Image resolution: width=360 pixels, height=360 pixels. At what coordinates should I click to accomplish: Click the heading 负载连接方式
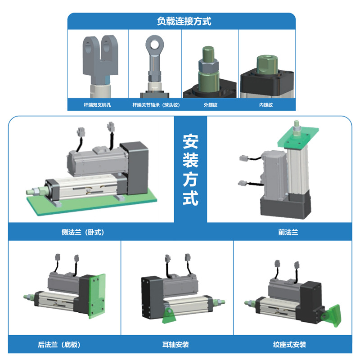[x=184, y=21]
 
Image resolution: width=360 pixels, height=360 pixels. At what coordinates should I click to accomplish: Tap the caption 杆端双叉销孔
[x=97, y=105]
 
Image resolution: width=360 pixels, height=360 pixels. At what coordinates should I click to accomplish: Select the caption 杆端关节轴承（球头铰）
[x=156, y=105]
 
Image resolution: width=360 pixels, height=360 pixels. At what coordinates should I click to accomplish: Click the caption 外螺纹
[x=210, y=105]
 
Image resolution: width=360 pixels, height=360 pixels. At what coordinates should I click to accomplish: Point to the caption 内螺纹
[x=266, y=105]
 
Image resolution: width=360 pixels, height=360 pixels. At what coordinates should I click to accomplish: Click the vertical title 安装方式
[x=190, y=170]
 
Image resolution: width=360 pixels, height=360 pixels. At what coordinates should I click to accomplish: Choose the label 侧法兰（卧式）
[x=83, y=232]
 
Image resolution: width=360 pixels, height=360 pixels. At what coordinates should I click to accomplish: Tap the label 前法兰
[x=288, y=232]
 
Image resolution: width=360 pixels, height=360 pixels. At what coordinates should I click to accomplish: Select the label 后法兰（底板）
[x=59, y=344]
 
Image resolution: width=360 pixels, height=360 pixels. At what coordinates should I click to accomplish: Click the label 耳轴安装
[x=175, y=344]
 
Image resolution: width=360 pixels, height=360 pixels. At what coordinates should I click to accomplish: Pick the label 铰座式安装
[x=289, y=344]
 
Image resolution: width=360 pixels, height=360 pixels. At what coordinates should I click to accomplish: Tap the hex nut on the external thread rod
[x=208, y=65]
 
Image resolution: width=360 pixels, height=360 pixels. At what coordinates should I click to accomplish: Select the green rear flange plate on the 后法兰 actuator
[x=97, y=296]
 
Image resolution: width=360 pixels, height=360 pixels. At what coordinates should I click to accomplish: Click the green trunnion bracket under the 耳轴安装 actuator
[x=169, y=316]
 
